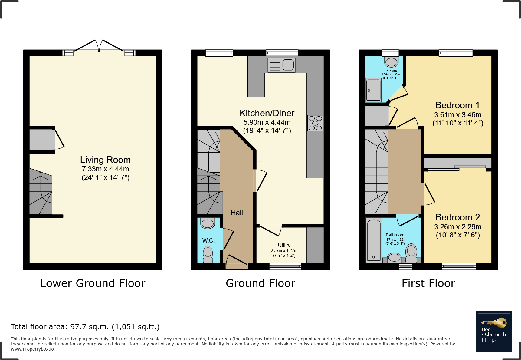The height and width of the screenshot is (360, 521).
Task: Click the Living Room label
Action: (x=105, y=160)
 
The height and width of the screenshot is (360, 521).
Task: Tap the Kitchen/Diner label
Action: (x=267, y=113)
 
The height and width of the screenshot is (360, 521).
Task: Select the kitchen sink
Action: (x=281, y=65)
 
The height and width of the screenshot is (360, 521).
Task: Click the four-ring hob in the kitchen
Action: (x=315, y=123)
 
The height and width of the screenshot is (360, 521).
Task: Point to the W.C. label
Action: (x=208, y=240)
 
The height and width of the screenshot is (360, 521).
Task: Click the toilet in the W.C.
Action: (x=208, y=254)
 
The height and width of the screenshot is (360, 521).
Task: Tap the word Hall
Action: (x=237, y=213)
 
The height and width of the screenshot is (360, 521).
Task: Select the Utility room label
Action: (x=284, y=245)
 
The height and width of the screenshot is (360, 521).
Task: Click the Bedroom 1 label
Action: (x=457, y=105)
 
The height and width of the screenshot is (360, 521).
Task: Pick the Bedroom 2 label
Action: (x=457, y=217)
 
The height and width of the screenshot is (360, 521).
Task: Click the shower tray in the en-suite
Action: (x=373, y=90)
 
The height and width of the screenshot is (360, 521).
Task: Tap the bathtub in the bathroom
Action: (x=374, y=240)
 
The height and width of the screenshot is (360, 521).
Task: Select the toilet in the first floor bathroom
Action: (x=411, y=253)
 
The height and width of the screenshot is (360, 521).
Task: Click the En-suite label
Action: (x=391, y=71)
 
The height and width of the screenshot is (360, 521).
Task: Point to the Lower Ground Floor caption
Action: (x=93, y=283)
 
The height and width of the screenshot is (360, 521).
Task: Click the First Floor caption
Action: (x=428, y=283)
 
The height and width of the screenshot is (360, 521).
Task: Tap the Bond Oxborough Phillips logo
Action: (x=494, y=331)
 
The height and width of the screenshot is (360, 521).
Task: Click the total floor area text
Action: (x=85, y=327)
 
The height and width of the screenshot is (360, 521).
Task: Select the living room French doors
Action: (x=99, y=48)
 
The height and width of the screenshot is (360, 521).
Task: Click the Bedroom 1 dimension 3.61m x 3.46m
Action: (x=458, y=115)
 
